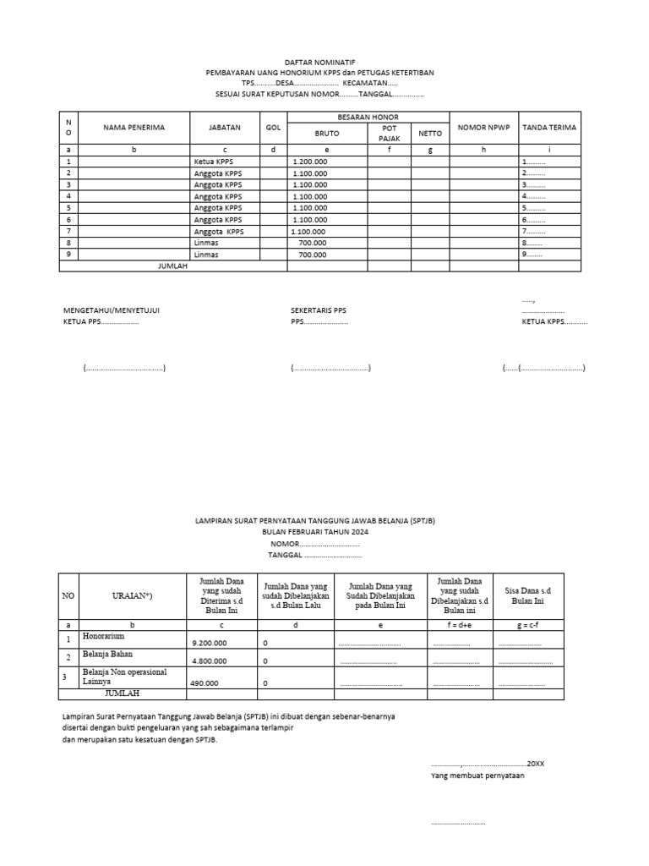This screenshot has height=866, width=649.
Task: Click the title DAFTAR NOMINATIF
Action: (x=320, y=63)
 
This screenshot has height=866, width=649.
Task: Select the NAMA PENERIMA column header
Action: (x=134, y=128)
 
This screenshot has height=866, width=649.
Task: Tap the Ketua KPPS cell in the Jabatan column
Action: (x=212, y=161)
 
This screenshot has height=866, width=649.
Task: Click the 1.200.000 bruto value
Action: (x=309, y=161)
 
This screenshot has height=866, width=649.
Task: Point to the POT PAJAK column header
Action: (x=389, y=133)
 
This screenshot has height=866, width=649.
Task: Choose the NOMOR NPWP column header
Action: (x=483, y=128)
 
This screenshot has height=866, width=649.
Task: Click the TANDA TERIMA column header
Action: (x=549, y=128)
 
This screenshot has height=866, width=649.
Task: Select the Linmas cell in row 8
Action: (x=205, y=242)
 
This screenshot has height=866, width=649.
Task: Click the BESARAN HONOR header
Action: (x=368, y=117)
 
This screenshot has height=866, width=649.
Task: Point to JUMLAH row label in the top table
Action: (x=172, y=266)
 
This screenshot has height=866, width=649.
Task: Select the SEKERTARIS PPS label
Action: (x=318, y=310)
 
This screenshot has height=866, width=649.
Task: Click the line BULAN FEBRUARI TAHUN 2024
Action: (x=315, y=533)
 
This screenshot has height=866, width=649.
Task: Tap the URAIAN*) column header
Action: (x=132, y=596)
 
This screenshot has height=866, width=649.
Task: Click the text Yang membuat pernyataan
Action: (x=477, y=775)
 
